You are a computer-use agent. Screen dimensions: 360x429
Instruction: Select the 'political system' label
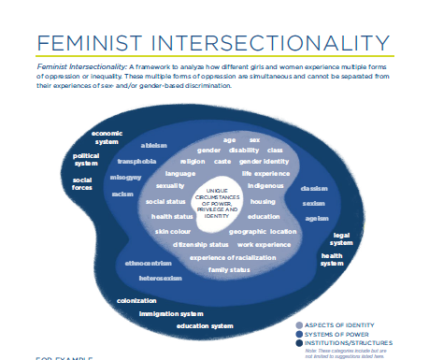coord(86,160)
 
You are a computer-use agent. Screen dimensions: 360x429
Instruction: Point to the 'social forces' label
coord(82,183)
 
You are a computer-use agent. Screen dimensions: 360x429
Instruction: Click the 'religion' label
coord(193,161)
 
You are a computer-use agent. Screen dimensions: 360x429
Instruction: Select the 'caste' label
coord(222,161)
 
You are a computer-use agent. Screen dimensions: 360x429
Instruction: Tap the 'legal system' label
coord(342,239)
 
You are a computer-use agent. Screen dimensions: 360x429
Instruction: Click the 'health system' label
coord(332,259)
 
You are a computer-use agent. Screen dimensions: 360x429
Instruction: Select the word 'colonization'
coord(136,300)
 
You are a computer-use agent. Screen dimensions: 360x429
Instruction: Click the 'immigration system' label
coord(171,313)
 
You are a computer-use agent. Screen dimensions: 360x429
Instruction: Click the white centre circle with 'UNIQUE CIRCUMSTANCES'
coord(217,200)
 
